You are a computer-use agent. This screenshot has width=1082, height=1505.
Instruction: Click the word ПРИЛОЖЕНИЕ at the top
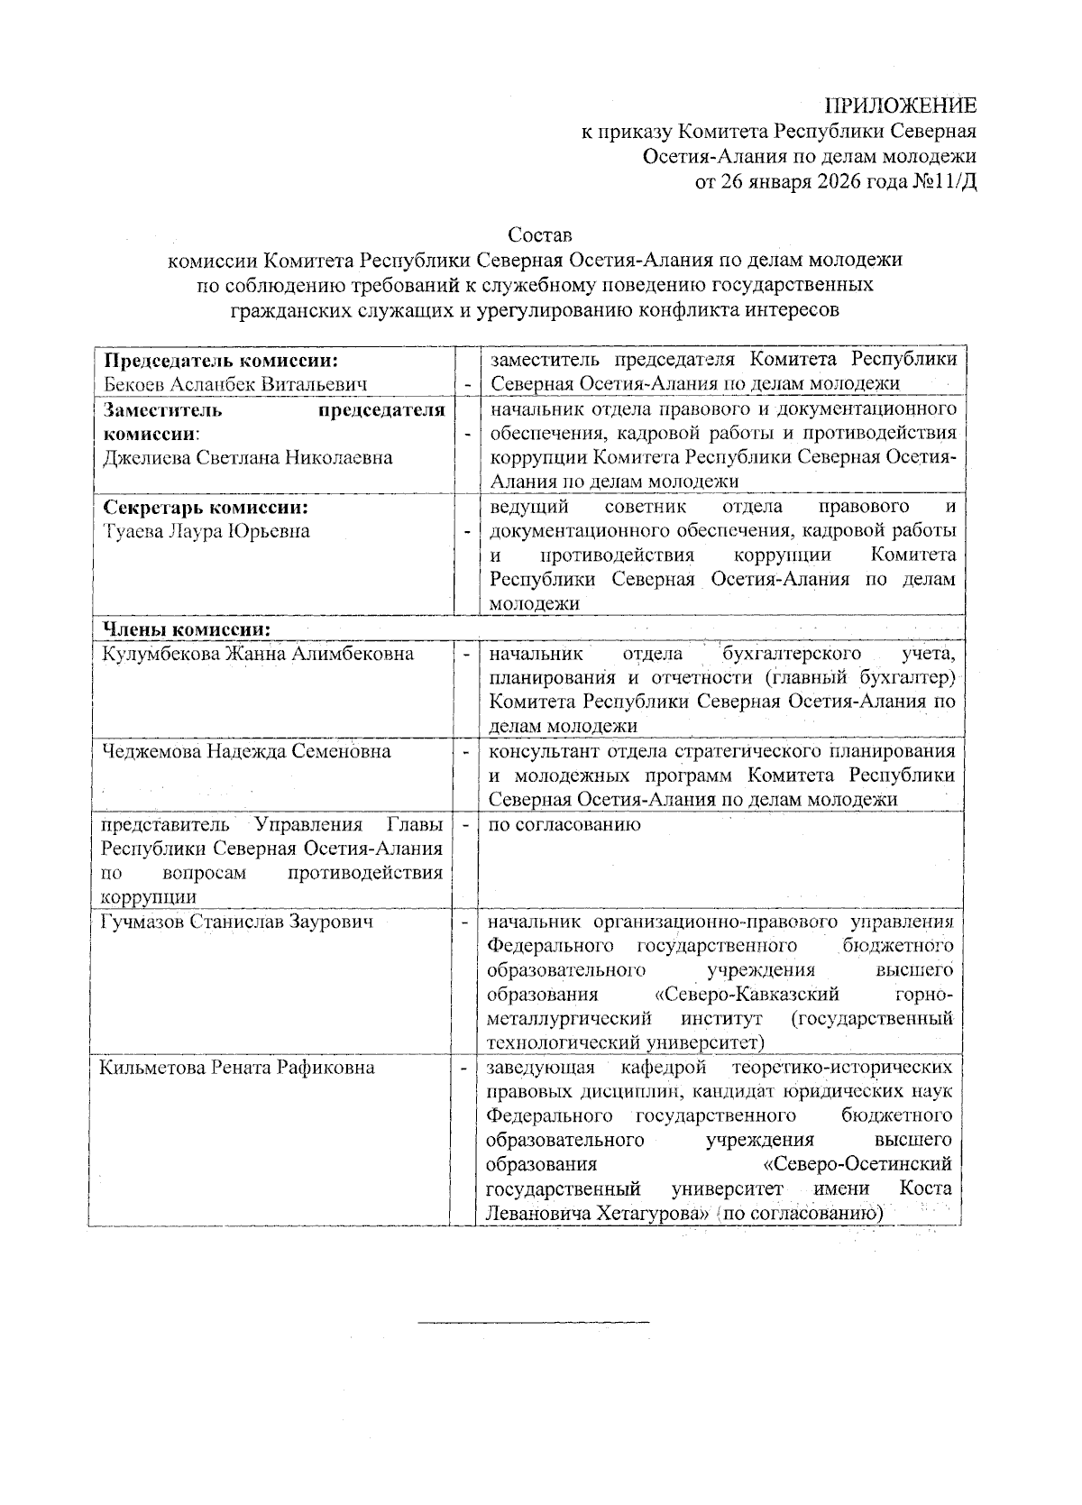click(901, 106)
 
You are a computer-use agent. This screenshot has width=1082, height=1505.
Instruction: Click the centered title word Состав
click(540, 235)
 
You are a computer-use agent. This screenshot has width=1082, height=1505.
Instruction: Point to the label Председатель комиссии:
click(221, 361)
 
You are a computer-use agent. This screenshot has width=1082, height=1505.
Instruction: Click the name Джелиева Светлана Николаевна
click(248, 458)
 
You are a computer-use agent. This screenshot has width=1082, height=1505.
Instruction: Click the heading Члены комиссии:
click(188, 629)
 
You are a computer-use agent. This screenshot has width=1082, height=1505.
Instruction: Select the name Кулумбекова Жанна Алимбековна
click(258, 654)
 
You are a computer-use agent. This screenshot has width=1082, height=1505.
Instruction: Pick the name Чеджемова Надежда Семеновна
click(246, 751)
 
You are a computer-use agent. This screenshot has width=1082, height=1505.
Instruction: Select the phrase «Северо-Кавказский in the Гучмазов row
click(746, 995)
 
